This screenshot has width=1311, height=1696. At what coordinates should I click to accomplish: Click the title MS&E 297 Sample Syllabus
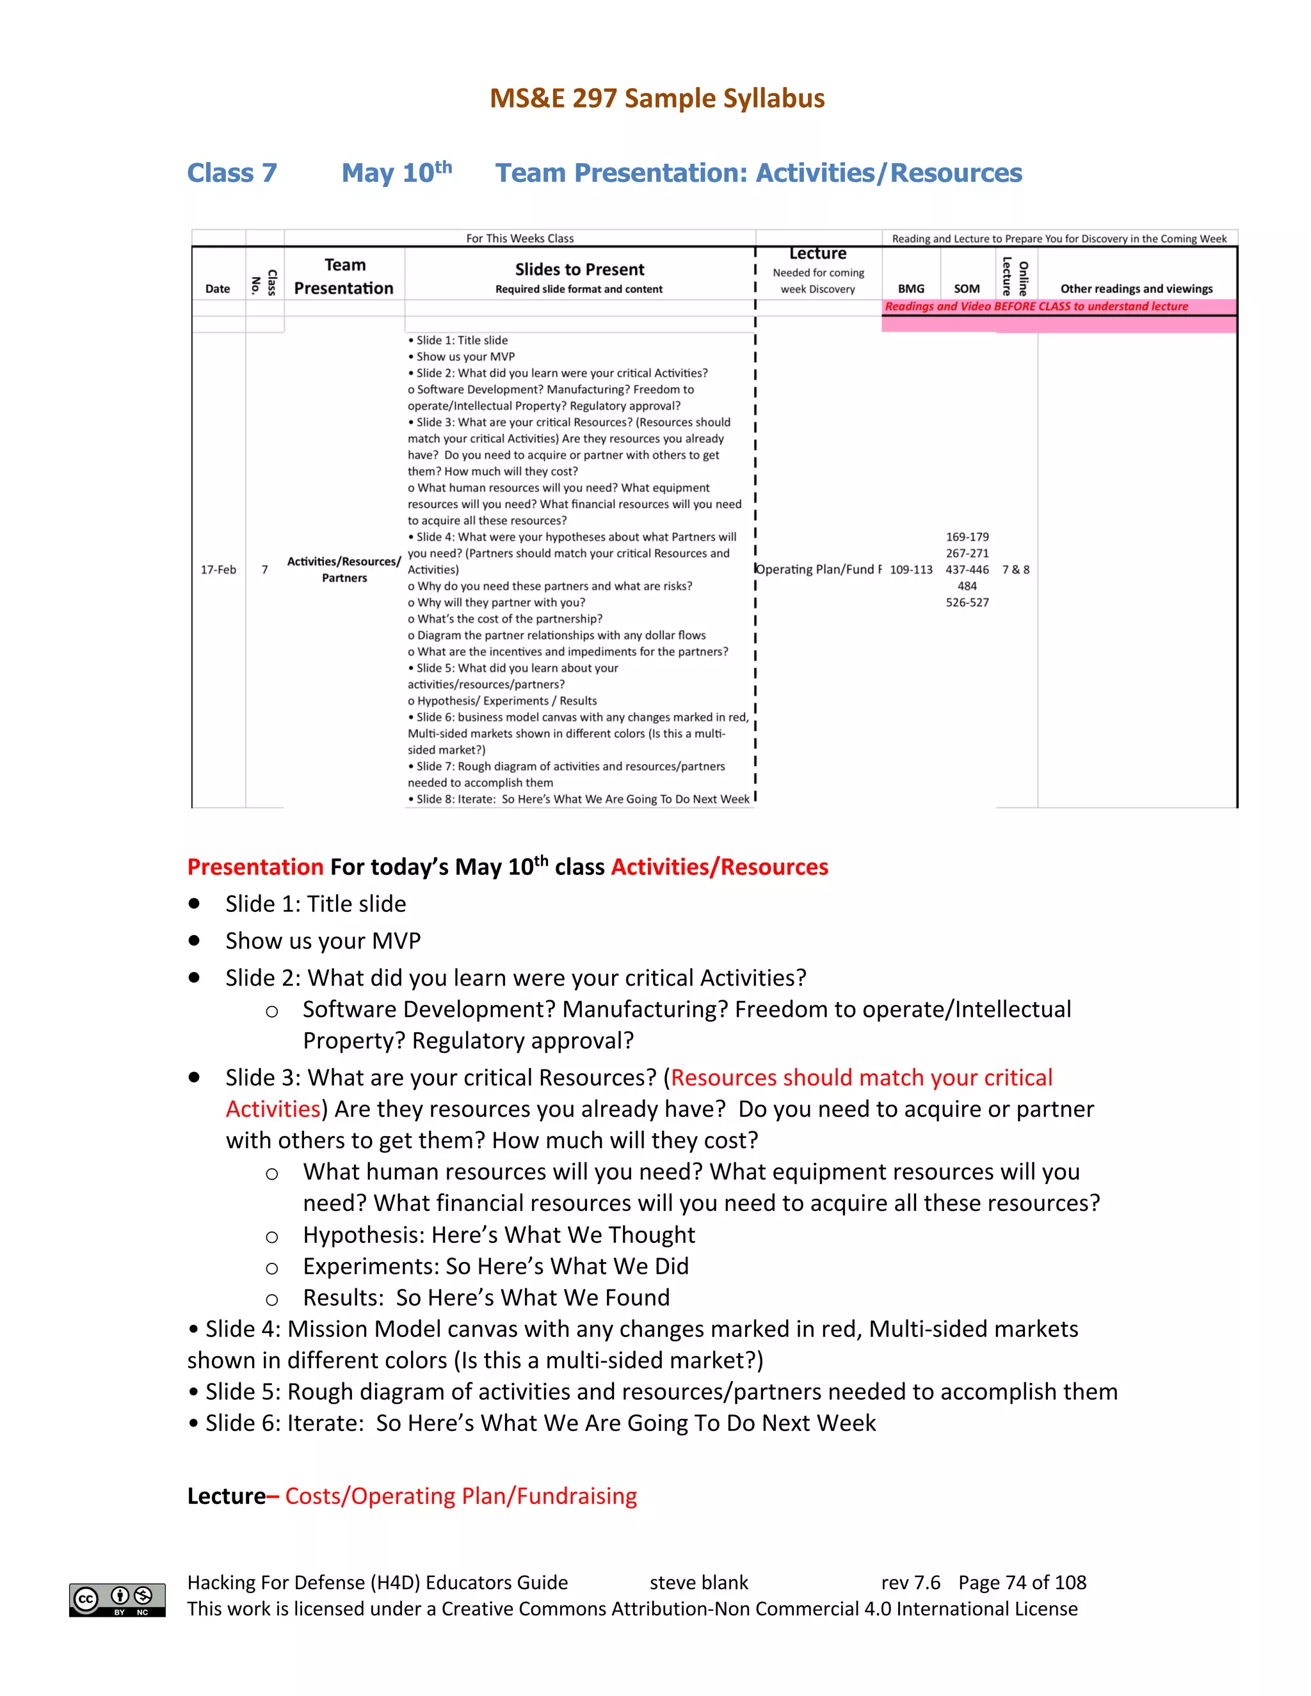656,99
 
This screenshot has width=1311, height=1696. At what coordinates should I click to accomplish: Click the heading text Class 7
232,172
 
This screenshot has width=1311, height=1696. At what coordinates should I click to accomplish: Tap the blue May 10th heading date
396,172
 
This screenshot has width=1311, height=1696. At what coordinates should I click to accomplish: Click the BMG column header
911,288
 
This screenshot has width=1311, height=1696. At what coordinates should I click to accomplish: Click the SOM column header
967,288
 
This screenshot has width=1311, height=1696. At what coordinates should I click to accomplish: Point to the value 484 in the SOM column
967,586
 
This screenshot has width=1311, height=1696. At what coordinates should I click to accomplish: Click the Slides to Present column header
579,269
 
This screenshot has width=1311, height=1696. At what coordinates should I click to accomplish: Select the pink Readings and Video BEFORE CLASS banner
1036,306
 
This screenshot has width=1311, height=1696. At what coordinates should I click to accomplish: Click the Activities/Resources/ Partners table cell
344,569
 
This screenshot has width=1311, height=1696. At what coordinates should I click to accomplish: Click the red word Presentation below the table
255,867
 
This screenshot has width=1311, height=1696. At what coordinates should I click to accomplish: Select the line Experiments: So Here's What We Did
495,1266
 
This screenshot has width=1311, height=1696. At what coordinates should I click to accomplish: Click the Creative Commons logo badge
117,1600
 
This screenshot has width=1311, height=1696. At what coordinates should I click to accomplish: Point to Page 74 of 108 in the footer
1022,1583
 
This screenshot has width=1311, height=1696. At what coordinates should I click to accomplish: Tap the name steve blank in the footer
698,1583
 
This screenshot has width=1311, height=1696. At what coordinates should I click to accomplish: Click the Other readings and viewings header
1136,288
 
